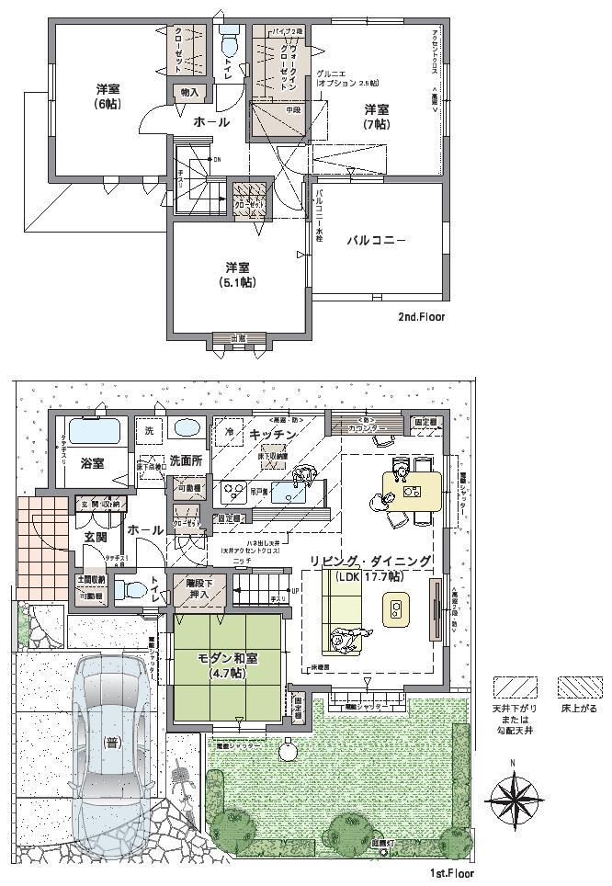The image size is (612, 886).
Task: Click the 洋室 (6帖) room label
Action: click(x=108, y=97)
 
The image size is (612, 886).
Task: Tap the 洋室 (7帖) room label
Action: click(x=374, y=117)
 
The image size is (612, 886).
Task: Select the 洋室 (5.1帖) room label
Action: click(x=237, y=275)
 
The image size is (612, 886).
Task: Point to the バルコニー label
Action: click(x=375, y=241)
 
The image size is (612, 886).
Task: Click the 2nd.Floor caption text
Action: click(x=421, y=317)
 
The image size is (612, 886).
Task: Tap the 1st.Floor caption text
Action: click(x=450, y=874)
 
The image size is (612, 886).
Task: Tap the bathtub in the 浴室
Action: click(x=96, y=430)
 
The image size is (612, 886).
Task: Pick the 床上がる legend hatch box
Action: click(x=578, y=687)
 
